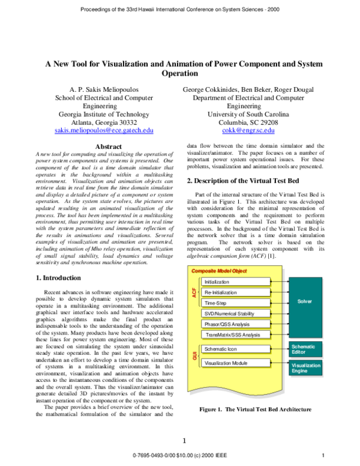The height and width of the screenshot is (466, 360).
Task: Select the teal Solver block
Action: (310, 300)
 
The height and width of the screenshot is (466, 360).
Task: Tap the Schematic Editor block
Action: (310, 349)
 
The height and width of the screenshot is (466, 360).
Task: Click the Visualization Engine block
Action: (310, 368)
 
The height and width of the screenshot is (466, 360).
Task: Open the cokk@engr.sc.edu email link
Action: (248, 130)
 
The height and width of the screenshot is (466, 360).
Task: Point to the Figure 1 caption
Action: (255, 410)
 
